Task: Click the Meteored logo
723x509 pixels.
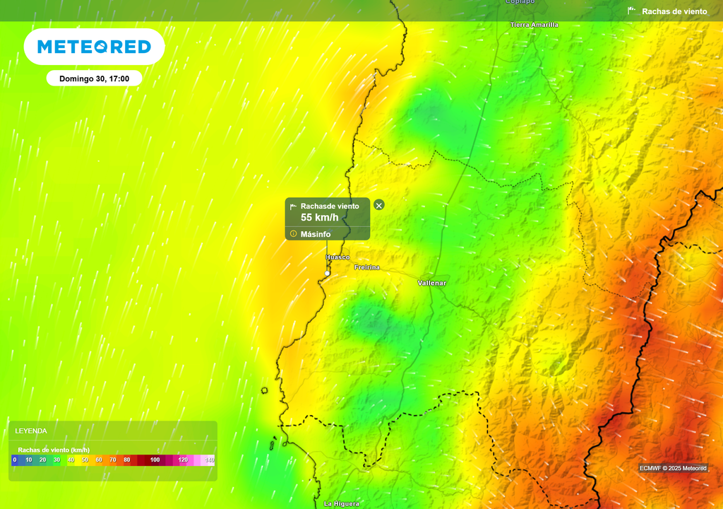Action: coord(94,47)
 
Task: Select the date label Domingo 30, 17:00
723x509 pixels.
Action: coord(94,78)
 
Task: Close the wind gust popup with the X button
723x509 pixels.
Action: coord(379,205)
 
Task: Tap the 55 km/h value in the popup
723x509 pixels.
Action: coord(320,218)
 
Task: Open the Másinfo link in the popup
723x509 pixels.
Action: coord(316,234)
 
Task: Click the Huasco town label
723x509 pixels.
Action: coord(337,257)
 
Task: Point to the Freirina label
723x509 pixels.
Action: coord(367,267)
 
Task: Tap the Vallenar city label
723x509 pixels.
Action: coord(432,283)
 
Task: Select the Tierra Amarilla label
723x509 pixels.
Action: coord(534,25)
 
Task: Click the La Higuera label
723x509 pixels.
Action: coord(342,503)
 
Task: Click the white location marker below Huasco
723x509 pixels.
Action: coord(328,273)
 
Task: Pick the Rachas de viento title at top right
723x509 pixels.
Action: coord(674,11)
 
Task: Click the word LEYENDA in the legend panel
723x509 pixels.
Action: coord(31,431)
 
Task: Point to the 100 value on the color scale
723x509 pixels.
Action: coord(155,460)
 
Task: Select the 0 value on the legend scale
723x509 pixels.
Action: coord(14,460)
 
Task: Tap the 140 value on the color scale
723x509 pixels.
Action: coord(210,460)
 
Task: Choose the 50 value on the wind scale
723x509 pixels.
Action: coord(85,460)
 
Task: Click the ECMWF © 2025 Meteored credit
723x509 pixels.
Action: coord(673,468)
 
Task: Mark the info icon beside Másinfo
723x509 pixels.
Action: coord(294,234)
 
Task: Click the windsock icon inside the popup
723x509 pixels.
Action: coord(294,206)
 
